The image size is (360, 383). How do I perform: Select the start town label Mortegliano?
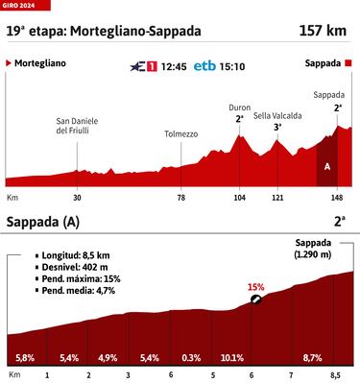pyautogui.click(x=40, y=64)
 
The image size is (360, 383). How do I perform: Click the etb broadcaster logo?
pyautogui.click(x=204, y=66)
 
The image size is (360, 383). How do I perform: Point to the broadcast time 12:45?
pyautogui.click(x=173, y=66)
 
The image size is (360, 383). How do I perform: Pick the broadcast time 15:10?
pyautogui.click(x=231, y=66)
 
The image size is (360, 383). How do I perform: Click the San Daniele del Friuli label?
pyautogui.click(x=77, y=125)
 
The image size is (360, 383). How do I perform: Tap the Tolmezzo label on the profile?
pyautogui.click(x=180, y=133)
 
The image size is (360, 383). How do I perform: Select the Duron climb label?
pyautogui.click(x=240, y=108)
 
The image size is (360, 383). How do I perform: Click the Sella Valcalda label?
pyautogui.click(x=278, y=115)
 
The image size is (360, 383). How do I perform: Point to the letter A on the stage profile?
pyautogui.click(x=328, y=165)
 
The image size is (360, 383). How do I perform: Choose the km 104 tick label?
pyautogui.click(x=240, y=197)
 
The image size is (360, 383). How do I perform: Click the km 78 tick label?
pyautogui.click(x=180, y=197)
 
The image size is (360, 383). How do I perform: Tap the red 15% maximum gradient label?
pyautogui.click(x=255, y=286)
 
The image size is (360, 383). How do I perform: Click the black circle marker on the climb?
pyautogui.click(x=256, y=299)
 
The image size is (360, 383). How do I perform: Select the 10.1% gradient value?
pyautogui.click(x=232, y=357)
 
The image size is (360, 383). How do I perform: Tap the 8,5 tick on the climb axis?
pyautogui.click(x=335, y=375)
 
